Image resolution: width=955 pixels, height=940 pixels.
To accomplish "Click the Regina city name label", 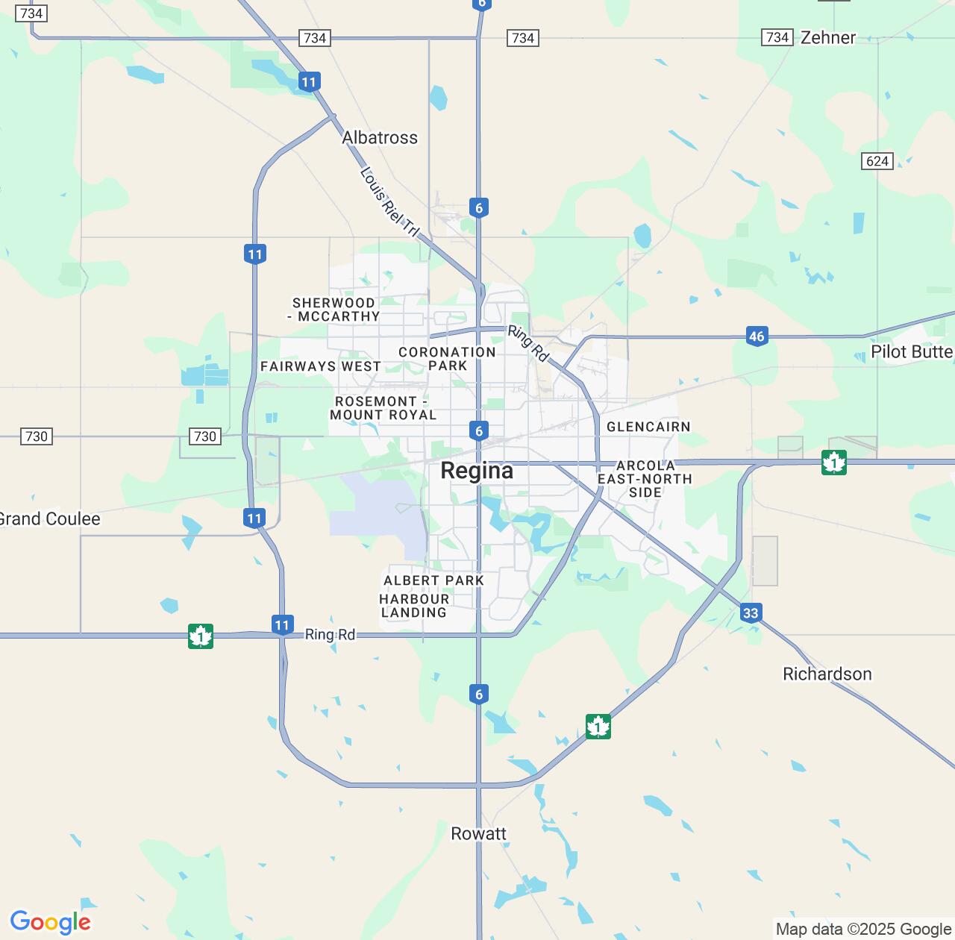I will click(x=477, y=471).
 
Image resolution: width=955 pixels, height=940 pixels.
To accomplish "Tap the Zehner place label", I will click(x=827, y=37).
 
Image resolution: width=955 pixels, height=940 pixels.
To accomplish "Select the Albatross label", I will click(x=380, y=138).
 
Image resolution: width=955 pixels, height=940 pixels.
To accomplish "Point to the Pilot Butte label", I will click(x=911, y=352).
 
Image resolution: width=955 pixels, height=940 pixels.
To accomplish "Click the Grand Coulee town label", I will click(x=48, y=519).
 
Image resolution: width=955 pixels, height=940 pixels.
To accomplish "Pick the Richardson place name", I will click(x=827, y=674).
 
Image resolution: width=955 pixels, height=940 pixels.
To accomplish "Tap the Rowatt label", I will click(x=478, y=834).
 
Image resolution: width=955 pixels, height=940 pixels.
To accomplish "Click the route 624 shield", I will click(x=877, y=161).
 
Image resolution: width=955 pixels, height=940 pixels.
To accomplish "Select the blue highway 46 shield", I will click(x=757, y=336).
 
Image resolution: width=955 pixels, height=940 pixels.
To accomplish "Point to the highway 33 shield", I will click(x=751, y=613).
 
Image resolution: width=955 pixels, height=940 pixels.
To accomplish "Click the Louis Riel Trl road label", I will click(x=389, y=202).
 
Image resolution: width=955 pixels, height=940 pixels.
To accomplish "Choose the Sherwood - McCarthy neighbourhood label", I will click(x=334, y=310).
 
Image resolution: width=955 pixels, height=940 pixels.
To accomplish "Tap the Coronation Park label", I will click(x=447, y=359).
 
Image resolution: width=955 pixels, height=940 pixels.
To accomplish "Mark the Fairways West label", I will click(x=321, y=366).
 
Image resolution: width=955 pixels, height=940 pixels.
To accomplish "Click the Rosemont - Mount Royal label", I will click(x=383, y=408).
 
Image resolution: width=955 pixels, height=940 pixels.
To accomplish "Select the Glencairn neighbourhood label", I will click(x=648, y=427).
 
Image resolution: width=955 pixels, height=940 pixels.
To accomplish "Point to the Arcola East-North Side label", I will click(x=645, y=479).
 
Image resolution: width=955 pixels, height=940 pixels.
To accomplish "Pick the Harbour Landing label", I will click(x=414, y=606).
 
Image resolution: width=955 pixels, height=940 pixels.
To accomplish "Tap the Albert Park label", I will click(x=433, y=580).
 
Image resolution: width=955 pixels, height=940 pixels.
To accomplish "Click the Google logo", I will click(x=50, y=922).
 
